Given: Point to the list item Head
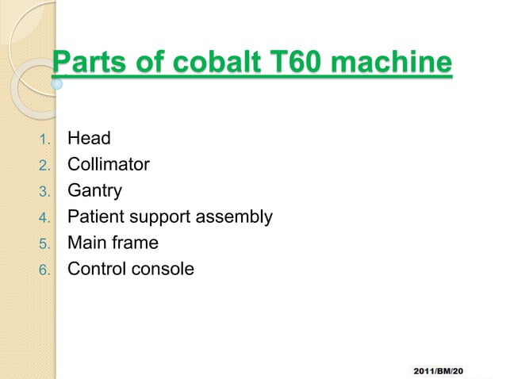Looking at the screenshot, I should click(x=89, y=139).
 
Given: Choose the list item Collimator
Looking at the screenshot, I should click(x=108, y=165).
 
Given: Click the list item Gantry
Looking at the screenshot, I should click(x=95, y=191).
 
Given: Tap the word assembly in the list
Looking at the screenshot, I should click(x=240, y=216).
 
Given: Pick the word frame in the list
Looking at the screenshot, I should click(x=133, y=243).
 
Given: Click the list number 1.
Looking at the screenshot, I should click(x=44, y=140).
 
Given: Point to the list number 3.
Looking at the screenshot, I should click(x=44, y=192).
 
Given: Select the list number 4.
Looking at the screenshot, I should click(x=44, y=218).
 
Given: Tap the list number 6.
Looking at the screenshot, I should click(x=44, y=270).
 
